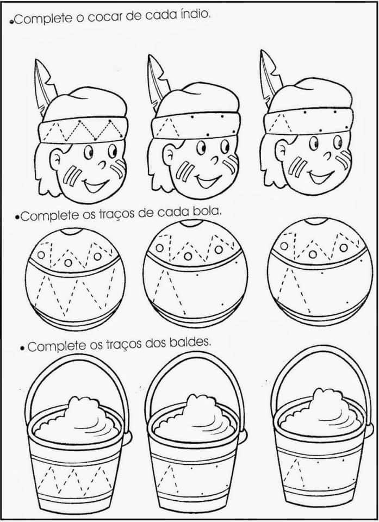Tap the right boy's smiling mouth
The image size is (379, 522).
click(320, 176)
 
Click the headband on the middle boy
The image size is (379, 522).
click(195, 126)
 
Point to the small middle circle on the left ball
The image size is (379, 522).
click(68, 263)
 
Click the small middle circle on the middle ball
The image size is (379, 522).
click(188, 256)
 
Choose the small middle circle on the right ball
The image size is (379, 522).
click(313, 254)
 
